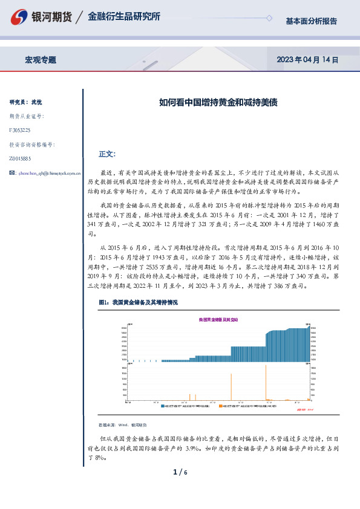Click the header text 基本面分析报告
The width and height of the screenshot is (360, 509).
pos(311,21)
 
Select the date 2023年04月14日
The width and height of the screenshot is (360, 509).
pos(307,60)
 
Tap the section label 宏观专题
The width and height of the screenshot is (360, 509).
pos(41,60)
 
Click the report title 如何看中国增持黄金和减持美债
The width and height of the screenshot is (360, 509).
pos(209,103)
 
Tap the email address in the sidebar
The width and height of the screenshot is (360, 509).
pos(50,173)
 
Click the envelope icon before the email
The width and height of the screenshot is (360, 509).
pos(13,173)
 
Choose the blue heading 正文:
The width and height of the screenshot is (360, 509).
pos(115,154)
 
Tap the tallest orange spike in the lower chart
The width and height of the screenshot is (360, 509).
pos(231,387)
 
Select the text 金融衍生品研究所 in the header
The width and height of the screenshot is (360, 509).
pos(124,17)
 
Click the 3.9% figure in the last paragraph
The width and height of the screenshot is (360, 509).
pos(194,449)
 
